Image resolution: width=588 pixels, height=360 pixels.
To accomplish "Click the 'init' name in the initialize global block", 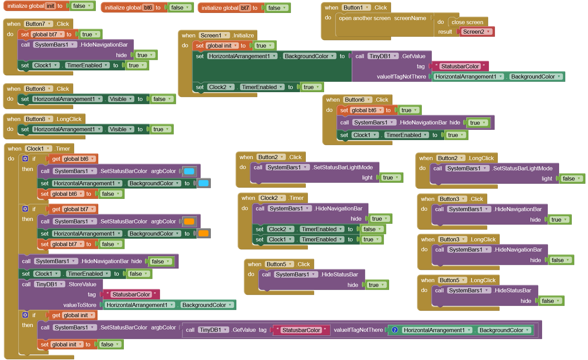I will (50, 6).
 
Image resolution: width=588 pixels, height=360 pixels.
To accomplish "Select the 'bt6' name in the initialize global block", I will (148, 7).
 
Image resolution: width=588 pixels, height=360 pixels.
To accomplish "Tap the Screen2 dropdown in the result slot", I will (476, 32).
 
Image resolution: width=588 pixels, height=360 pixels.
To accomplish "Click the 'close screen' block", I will (467, 22).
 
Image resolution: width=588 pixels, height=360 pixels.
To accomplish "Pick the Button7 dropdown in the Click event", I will (38, 24).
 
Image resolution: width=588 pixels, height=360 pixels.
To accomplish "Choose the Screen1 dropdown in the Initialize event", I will (214, 35).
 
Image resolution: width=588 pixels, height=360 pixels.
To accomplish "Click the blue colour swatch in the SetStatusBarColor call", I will (189, 171).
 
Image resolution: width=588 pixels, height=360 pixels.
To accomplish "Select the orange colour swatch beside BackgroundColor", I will (203, 234).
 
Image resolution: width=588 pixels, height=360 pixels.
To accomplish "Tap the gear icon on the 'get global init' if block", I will (25, 315).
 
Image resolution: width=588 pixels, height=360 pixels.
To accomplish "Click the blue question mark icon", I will (395, 330).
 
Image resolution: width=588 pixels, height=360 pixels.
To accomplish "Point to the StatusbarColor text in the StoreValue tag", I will (131, 294).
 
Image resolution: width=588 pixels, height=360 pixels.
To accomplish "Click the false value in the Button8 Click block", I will (162, 99).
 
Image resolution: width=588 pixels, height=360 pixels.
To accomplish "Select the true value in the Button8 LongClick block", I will (161, 129).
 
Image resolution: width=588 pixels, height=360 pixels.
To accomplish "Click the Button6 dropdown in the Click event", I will (357, 100).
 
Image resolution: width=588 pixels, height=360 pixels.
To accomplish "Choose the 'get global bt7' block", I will (73, 209).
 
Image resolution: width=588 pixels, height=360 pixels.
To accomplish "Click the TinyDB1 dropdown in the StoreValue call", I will (49, 284).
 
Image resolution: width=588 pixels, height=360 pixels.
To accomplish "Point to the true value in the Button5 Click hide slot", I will (376, 285).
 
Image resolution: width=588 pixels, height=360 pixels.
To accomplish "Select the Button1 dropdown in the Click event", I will (356, 7).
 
